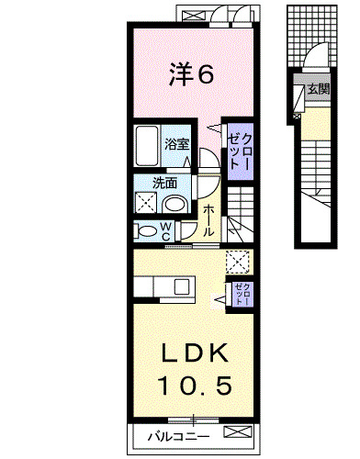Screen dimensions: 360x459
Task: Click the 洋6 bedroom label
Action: [191, 73]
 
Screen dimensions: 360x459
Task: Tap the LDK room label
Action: [194, 353]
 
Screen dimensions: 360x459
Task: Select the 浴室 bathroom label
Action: [177, 144]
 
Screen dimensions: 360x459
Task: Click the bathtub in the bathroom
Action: [147, 146]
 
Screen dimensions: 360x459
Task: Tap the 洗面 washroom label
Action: [164, 183]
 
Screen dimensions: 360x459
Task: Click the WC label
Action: [165, 231]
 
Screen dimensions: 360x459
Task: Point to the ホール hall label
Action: [208, 220]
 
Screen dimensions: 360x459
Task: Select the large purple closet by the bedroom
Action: [240, 151]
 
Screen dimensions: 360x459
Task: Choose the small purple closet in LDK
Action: [242, 294]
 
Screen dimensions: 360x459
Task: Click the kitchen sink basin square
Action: [182, 286]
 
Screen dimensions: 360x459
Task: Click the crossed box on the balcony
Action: [238, 431]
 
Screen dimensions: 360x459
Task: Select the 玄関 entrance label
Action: [319, 89]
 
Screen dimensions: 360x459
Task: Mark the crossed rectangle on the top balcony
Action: [196, 15]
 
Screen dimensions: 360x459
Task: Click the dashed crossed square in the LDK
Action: [238, 263]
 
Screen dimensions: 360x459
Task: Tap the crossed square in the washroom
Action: [146, 202]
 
